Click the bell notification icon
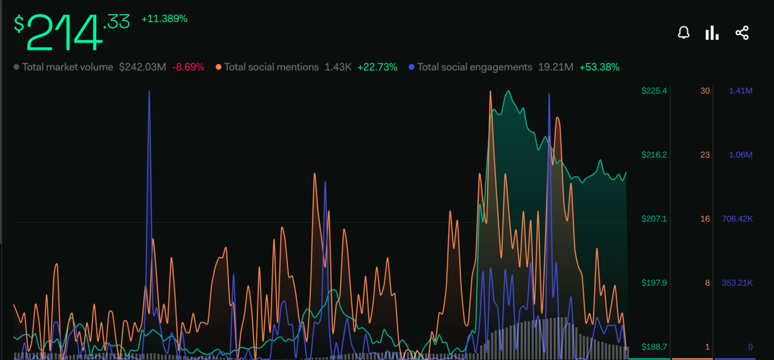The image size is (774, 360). (683, 33)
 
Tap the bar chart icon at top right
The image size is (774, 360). (712, 33)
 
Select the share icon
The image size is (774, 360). (742, 33)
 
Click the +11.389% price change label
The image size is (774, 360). (164, 19)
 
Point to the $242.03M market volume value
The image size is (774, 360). (142, 67)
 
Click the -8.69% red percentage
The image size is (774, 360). (188, 67)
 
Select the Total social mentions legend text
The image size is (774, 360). (271, 67)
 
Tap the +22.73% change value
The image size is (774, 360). (377, 67)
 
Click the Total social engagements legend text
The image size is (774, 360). (475, 67)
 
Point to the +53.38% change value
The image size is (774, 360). (599, 67)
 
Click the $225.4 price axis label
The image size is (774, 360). (654, 91)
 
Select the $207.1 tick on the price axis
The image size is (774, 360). (654, 219)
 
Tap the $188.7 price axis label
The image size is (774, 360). (654, 347)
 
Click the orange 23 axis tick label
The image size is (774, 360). (705, 155)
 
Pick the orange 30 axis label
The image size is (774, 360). (705, 91)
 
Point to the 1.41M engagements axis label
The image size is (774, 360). (741, 91)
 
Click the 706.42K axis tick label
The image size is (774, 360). (737, 219)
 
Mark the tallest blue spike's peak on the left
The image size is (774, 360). (149, 91)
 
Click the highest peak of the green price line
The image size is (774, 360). (508, 91)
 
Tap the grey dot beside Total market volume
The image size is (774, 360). (17, 67)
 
